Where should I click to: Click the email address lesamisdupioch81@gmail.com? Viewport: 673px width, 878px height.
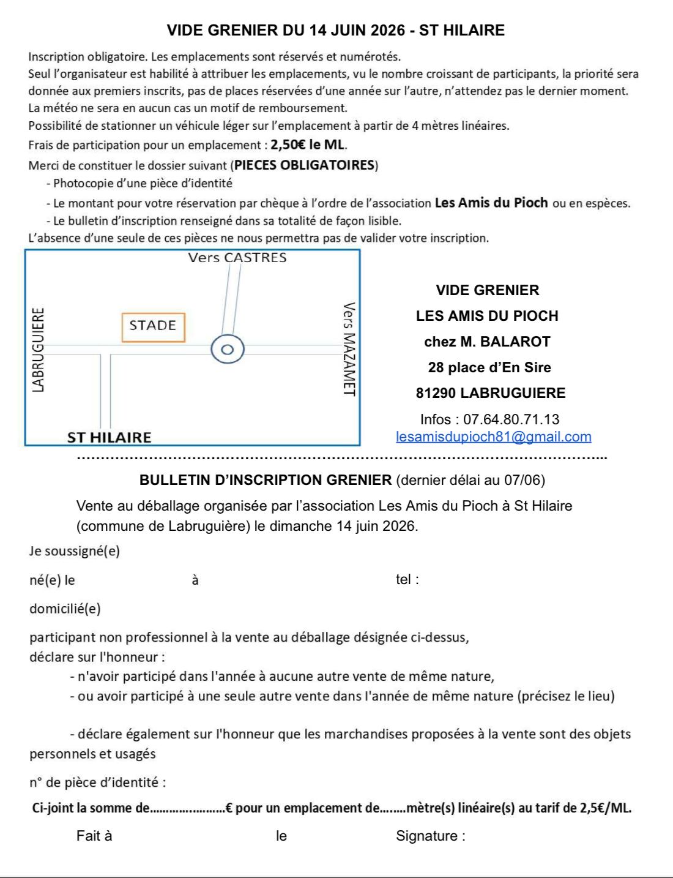coord(493,437)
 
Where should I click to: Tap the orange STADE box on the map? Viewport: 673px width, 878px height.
coord(153,326)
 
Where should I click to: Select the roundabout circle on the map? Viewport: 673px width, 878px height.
coord(228,350)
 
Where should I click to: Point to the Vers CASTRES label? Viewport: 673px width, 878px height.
coord(237,258)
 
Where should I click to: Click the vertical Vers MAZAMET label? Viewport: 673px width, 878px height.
coord(349,349)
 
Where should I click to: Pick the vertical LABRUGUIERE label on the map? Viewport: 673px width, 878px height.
coord(38,350)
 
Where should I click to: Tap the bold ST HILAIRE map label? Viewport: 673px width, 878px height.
coord(109,437)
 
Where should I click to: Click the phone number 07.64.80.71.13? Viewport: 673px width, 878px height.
coord(511,419)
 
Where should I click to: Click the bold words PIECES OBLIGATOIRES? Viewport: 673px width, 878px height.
coord(305,165)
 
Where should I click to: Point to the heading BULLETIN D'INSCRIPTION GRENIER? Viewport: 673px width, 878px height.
coord(266,480)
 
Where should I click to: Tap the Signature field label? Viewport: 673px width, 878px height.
coord(430,836)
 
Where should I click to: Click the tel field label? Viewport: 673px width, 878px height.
coord(407,579)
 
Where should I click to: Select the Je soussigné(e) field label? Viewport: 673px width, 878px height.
coord(75,551)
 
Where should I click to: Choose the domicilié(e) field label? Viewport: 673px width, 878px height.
coord(65,609)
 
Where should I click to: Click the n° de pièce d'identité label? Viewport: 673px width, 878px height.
coord(98,782)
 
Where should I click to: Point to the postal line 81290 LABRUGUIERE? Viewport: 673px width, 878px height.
coord(490,393)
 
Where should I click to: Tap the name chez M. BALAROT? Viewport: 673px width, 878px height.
coord(487,342)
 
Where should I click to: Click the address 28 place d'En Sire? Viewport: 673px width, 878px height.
coord(489,367)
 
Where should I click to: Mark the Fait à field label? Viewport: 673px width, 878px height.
coord(94,836)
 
